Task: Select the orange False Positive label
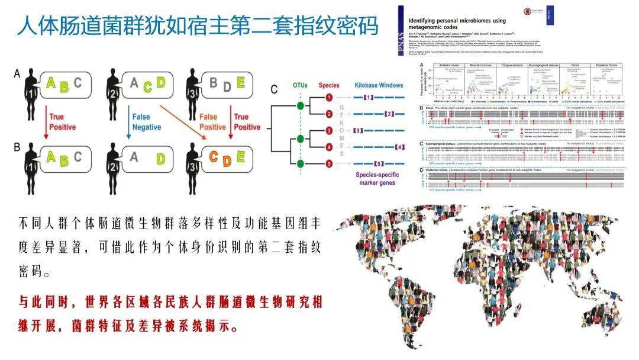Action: click(212, 121)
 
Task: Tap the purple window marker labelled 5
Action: click(379, 163)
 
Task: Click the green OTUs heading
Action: click(300, 85)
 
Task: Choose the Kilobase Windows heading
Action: click(379, 85)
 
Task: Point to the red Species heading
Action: click(329, 85)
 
